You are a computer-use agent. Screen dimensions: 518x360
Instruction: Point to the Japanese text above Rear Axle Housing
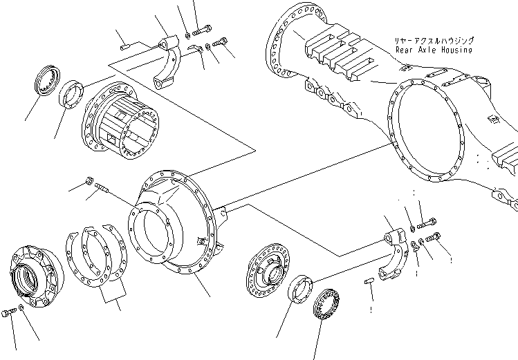(x=434, y=41)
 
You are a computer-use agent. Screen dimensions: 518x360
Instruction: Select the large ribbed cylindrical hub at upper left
(x=120, y=120)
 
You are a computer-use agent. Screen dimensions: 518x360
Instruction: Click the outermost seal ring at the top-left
(x=48, y=81)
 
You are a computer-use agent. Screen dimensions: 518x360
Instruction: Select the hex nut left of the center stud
(x=89, y=181)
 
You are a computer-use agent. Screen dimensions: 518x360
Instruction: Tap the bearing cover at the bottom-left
(x=37, y=276)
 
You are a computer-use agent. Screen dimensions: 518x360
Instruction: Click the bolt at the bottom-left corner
(x=8, y=312)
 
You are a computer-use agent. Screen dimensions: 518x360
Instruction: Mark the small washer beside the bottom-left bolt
(x=21, y=308)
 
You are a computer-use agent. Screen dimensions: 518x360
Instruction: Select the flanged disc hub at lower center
(x=268, y=271)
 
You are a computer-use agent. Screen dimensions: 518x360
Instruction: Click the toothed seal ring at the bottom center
(x=326, y=304)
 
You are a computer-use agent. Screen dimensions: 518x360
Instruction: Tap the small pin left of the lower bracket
(x=369, y=281)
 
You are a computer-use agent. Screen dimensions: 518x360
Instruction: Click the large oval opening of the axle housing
(x=426, y=131)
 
